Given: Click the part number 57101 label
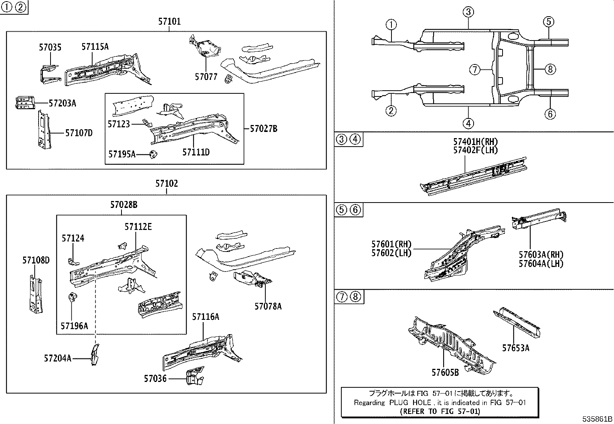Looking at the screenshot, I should pyautogui.click(x=169, y=22).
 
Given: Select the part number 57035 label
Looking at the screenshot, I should pyautogui.click(x=50, y=47).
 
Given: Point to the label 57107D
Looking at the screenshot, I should pyautogui.click(x=79, y=133).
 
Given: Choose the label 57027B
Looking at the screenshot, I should pyautogui.click(x=263, y=128).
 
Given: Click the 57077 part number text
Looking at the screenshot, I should pyautogui.click(x=206, y=77).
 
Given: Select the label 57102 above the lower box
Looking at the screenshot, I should pyautogui.click(x=167, y=184).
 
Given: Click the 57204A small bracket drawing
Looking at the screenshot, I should pyautogui.click(x=94, y=354).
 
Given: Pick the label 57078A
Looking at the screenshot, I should pyautogui.click(x=268, y=306).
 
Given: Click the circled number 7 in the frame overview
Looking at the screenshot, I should pyautogui.click(x=475, y=70).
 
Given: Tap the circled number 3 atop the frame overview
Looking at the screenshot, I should pyautogui.click(x=468, y=12).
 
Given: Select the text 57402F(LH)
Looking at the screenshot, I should pyautogui.click(x=475, y=150).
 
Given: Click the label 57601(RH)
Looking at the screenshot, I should pyautogui.click(x=391, y=244).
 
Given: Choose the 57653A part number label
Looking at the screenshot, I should pyautogui.click(x=515, y=348).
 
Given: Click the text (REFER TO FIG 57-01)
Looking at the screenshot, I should pyautogui.click(x=440, y=411).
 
